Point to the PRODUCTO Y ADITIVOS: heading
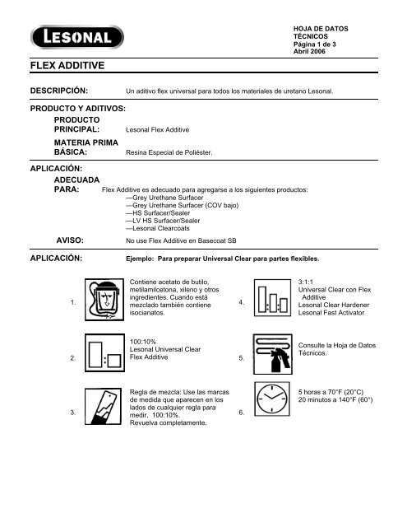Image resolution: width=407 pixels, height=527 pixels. pyautogui.click(x=77, y=109)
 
